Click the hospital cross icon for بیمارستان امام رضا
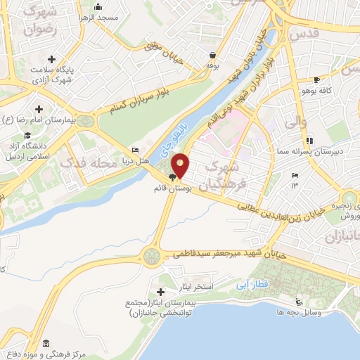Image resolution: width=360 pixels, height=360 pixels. coord(38,109)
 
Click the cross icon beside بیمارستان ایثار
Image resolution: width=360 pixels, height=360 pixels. coord(161,291)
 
